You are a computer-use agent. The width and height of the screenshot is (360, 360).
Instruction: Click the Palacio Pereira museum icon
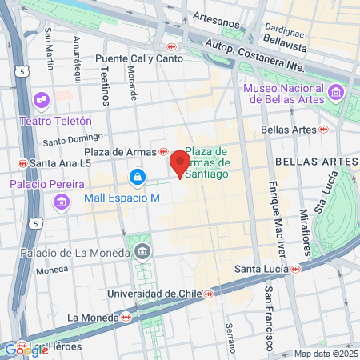coord(61,203)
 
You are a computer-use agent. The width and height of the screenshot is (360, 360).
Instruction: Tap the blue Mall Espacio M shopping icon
coord(138,175)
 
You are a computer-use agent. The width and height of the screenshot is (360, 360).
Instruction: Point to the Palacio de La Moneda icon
coord(142,250)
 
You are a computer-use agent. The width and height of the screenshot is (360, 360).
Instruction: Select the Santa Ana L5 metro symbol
coord(22,163)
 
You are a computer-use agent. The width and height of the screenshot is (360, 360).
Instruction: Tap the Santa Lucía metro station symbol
coord(296,270)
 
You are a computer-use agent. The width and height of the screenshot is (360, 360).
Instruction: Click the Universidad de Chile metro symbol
coord(209,294)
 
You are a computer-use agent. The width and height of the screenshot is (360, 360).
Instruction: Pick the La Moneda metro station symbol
coord(126,318)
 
